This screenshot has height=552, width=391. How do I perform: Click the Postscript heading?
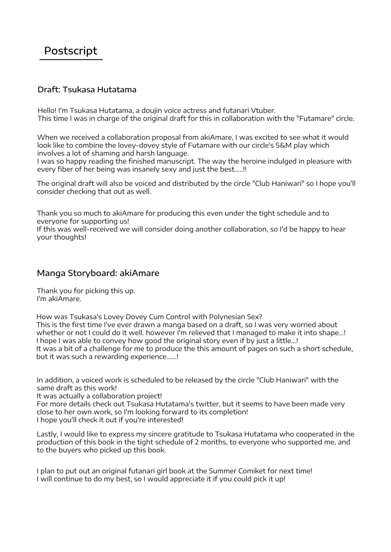(x=71, y=51)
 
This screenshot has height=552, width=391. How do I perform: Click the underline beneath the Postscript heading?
(x=71, y=59)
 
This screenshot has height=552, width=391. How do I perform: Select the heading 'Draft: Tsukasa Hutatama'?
(x=87, y=90)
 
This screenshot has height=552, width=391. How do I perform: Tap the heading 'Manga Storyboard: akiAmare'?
(x=98, y=273)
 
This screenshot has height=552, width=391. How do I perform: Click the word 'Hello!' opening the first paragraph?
(x=47, y=110)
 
